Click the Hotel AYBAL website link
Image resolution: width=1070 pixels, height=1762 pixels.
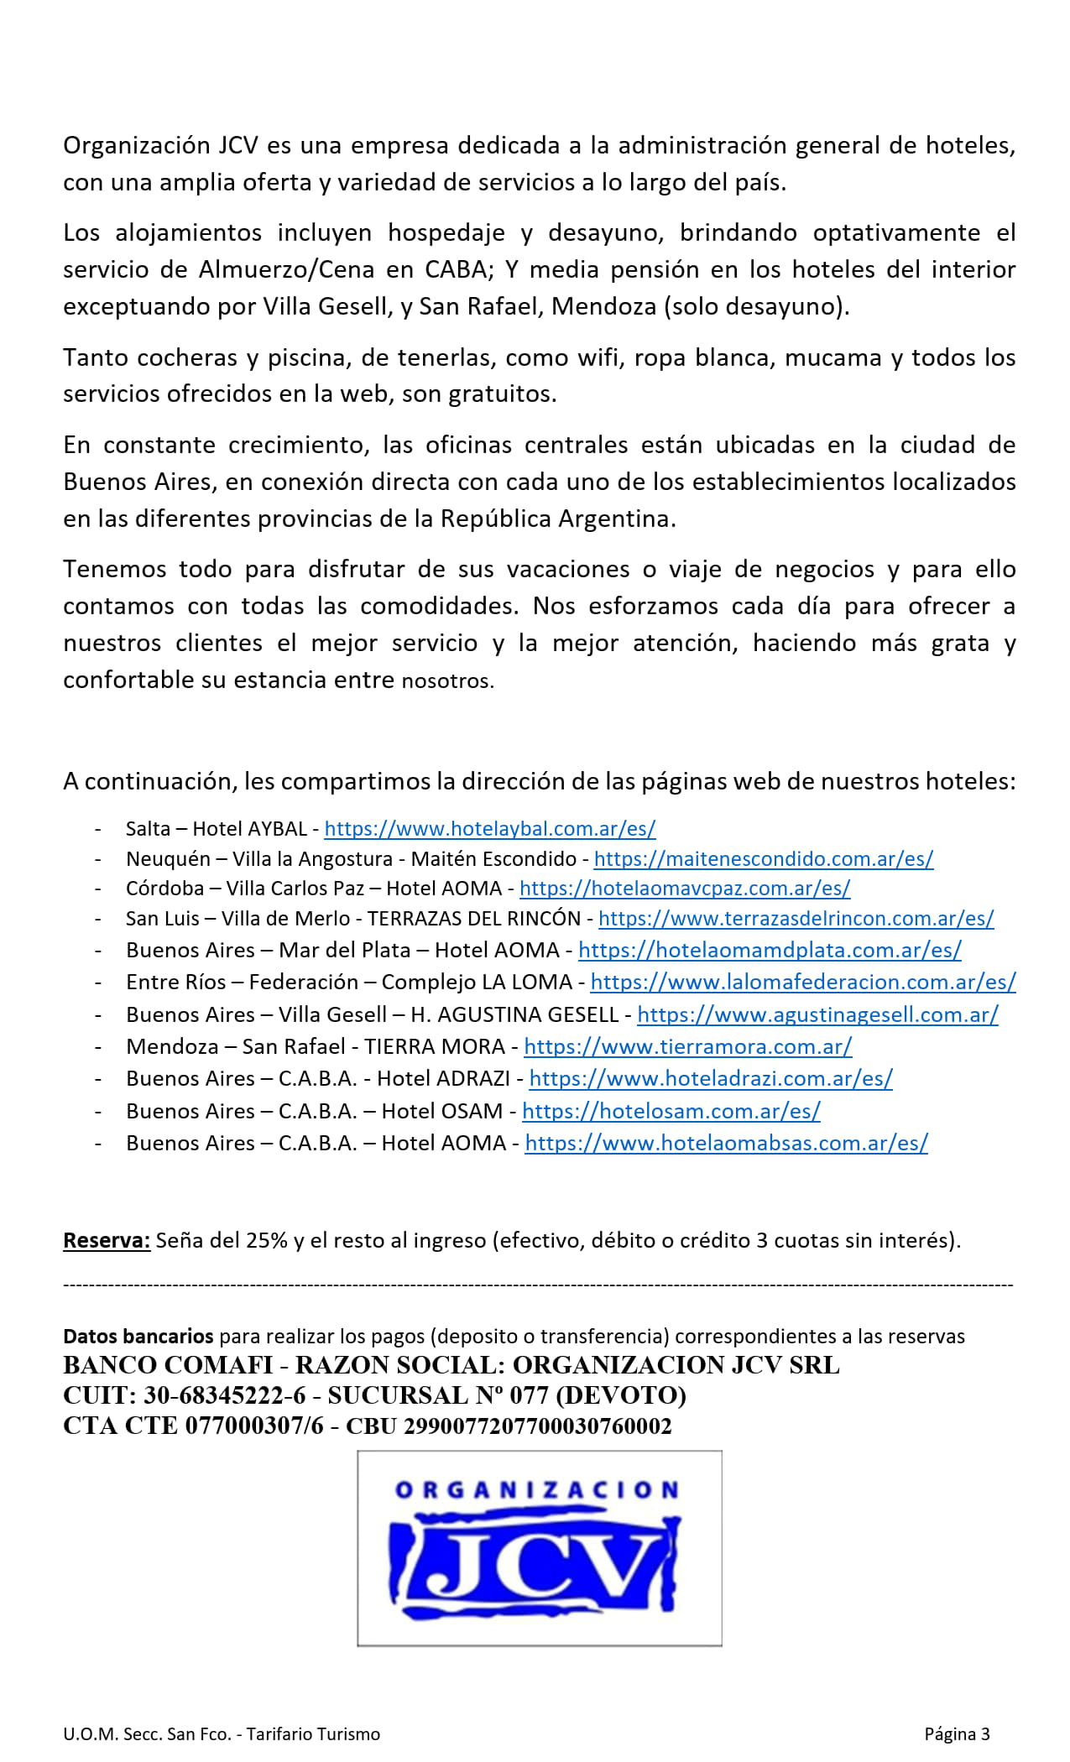pyautogui.click(x=489, y=829)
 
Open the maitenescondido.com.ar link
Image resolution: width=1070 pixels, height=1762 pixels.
pyautogui.click(x=763, y=859)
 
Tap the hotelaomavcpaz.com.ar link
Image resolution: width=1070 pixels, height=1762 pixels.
pyautogui.click(x=684, y=889)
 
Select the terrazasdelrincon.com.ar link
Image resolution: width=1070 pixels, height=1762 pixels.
pyautogui.click(x=796, y=919)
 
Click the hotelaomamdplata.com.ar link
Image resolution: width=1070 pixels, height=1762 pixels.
pyautogui.click(x=769, y=950)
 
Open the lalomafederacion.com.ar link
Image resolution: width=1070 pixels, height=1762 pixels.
pyautogui.click(x=802, y=982)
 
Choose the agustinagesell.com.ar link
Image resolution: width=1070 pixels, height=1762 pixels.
pyautogui.click(x=817, y=1014)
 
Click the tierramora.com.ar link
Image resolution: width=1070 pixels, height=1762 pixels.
pyautogui.click(x=687, y=1046)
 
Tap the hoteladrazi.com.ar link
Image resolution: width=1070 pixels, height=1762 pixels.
pyautogui.click(x=710, y=1078)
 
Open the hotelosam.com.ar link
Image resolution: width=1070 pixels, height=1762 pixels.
pyautogui.click(x=671, y=1111)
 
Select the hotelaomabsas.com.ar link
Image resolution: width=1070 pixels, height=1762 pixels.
pyautogui.click(x=726, y=1143)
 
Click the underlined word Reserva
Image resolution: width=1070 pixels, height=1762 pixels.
pyautogui.click(x=107, y=1240)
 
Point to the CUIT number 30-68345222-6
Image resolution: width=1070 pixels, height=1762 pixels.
pyautogui.click(x=225, y=1395)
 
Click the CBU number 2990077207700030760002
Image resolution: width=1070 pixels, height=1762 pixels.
pyautogui.click(x=538, y=1426)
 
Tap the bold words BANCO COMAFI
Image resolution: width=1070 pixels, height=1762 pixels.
pyautogui.click(x=168, y=1365)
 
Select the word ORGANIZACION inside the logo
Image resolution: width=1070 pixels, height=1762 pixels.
pyautogui.click(x=537, y=1491)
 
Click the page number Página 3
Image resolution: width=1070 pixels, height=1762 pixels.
pyautogui.click(x=957, y=1734)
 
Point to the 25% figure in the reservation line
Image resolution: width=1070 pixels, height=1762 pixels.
pyautogui.click(x=267, y=1240)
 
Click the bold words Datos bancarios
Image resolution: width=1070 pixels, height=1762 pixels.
pyautogui.click(x=138, y=1337)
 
